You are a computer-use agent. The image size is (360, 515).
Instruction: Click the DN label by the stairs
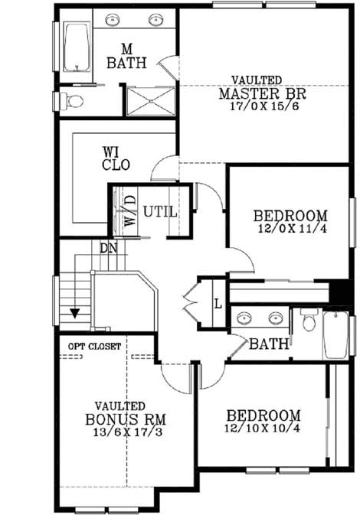(x=107, y=248)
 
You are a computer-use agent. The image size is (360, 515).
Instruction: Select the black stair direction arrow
(x=76, y=313)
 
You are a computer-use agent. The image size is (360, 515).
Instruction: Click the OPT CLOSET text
(x=93, y=346)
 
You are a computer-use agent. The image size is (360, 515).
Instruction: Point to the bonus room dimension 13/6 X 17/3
(x=126, y=433)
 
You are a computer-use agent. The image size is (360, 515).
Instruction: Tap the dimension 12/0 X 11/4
(x=290, y=228)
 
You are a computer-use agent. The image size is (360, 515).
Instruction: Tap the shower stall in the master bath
(x=151, y=100)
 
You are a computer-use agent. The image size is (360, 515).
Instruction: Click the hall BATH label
(x=268, y=344)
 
